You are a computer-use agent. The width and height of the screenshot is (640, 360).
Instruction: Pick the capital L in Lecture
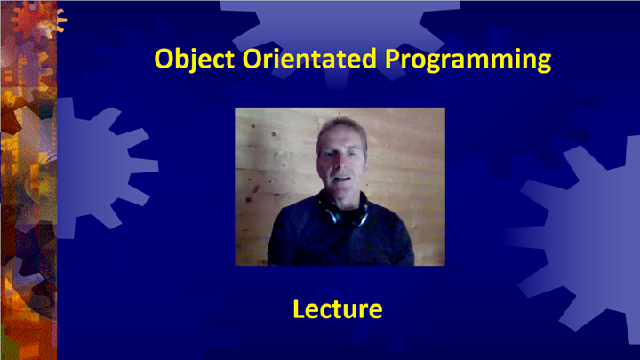298,308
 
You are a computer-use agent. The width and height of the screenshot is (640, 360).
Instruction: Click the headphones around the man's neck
342,213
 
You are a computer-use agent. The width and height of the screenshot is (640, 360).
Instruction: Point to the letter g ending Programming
541,61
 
